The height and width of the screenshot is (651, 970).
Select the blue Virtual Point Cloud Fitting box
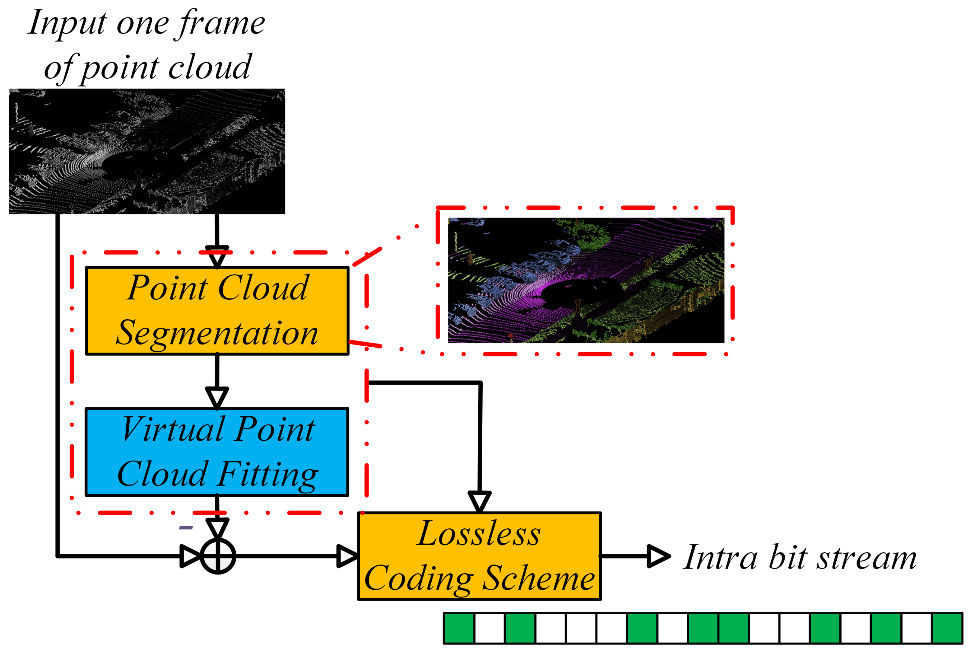(x=216, y=452)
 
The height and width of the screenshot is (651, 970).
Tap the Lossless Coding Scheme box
(x=479, y=556)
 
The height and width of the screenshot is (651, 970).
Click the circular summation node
(x=218, y=556)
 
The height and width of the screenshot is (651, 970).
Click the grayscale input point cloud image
(x=147, y=151)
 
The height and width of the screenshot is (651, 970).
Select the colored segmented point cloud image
(x=586, y=280)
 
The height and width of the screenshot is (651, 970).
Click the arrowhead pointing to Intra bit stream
(x=657, y=556)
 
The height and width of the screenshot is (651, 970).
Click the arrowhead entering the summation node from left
(x=190, y=556)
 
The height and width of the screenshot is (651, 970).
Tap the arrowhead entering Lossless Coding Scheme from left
(x=347, y=556)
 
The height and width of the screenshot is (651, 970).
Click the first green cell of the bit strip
(x=459, y=628)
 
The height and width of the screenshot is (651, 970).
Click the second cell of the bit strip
(x=490, y=628)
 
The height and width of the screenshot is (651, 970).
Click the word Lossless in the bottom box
(x=479, y=533)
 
